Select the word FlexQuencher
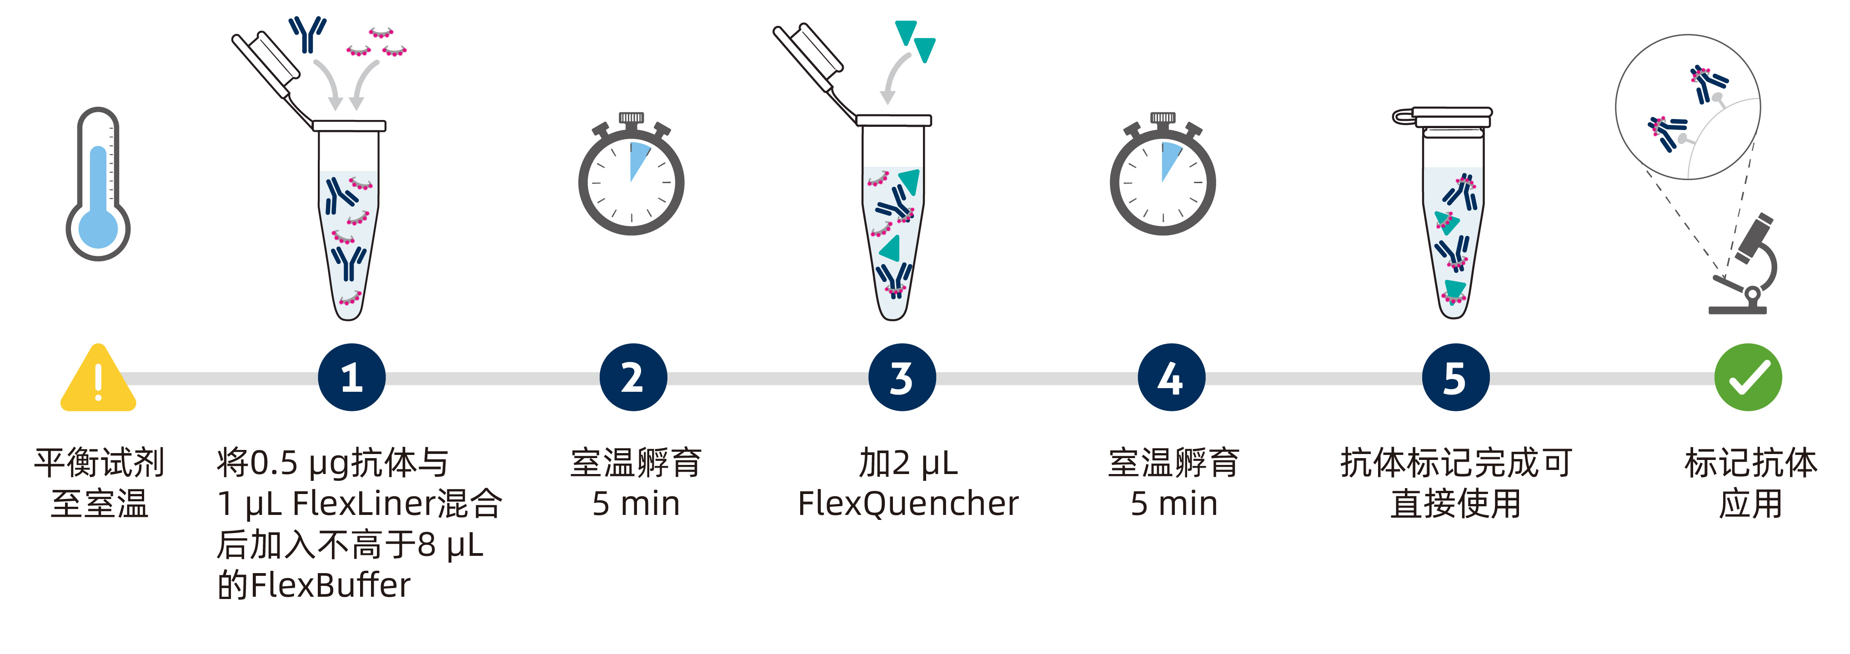[x=908, y=503]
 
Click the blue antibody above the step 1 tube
[x=307, y=35]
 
